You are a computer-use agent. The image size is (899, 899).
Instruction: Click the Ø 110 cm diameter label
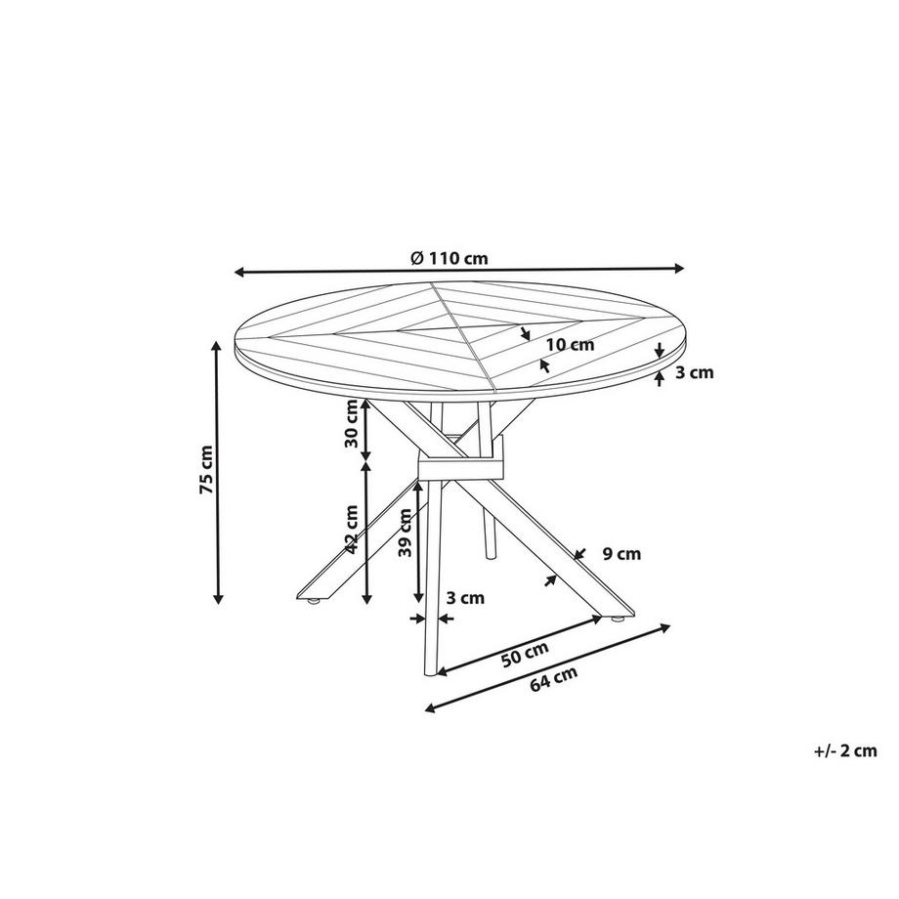coord(449,258)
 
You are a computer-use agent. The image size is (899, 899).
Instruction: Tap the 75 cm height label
coord(206,471)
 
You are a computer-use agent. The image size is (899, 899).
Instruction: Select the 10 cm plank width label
coord(570,344)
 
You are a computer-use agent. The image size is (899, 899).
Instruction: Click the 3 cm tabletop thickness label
coord(695,372)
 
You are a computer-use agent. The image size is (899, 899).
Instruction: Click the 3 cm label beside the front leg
coord(465,597)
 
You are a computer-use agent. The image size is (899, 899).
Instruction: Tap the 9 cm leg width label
coord(621,554)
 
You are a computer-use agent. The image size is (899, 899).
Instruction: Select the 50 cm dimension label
coord(525,654)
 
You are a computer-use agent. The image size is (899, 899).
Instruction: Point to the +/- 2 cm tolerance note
coord(844,750)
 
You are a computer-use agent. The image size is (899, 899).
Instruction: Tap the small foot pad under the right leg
coord(617,620)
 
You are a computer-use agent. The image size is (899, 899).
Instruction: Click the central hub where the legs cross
coord(458,461)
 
